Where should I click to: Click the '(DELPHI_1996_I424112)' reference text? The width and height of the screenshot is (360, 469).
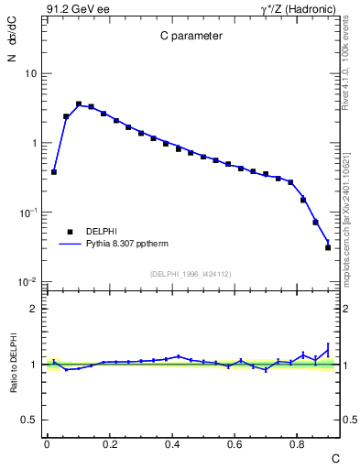[x=191, y=273]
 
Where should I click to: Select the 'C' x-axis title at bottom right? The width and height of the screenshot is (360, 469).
[x=334, y=457]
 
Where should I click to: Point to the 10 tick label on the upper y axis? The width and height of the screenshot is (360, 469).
[x=30, y=73]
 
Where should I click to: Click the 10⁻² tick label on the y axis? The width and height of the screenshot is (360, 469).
[x=27, y=282]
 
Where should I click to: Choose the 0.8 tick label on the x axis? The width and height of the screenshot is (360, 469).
[x=297, y=444]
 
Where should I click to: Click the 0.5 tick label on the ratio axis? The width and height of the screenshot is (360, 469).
[x=30, y=420]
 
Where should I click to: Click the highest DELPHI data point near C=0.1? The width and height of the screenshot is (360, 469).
[x=79, y=104]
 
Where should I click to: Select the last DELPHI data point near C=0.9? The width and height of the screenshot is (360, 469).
[x=328, y=247]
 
